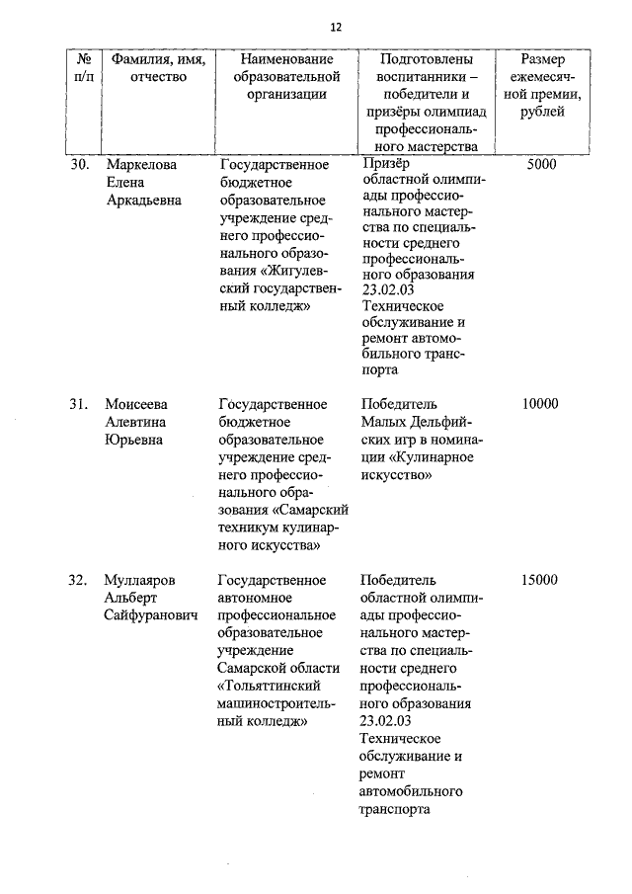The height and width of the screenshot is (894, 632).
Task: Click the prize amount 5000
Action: pyautogui.click(x=542, y=165)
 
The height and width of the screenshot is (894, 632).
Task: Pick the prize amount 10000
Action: pyautogui.click(x=540, y=403)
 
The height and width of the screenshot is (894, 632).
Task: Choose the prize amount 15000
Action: pyautogui.click(x=540, y=580)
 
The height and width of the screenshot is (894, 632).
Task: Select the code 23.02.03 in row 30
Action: pyautogui.click(x=390, y=289)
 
